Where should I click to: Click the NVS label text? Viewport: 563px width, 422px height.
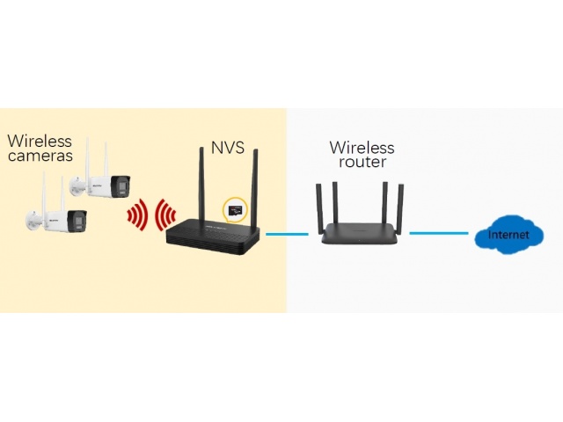tap(228, 148)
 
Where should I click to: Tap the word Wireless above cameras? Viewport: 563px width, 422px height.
tap(40, 141)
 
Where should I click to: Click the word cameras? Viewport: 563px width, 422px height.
tap(40, 156)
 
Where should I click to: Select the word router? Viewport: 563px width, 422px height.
tap(362, 162)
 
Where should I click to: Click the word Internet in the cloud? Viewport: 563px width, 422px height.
tap(508, 235)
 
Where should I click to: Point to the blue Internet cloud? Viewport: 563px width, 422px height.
tap(508, 235)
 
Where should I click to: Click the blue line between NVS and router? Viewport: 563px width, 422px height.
tap(287, 235)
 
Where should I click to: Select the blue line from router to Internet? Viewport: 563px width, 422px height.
tap(439, 233)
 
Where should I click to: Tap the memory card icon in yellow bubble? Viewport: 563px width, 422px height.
tap(235, 210)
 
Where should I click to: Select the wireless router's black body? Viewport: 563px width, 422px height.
tap(360, 233)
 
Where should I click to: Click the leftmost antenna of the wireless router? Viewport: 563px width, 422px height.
tap(319, 205)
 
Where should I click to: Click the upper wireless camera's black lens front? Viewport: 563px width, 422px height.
tap(121, 186)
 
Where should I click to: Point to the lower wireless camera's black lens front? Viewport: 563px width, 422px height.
tap(77, 221)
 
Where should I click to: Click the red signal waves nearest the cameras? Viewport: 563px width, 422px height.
tap(137, 215)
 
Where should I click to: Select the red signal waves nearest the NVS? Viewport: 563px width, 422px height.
tap(165, 215)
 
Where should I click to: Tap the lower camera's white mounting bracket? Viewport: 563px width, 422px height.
tap(34, 219)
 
